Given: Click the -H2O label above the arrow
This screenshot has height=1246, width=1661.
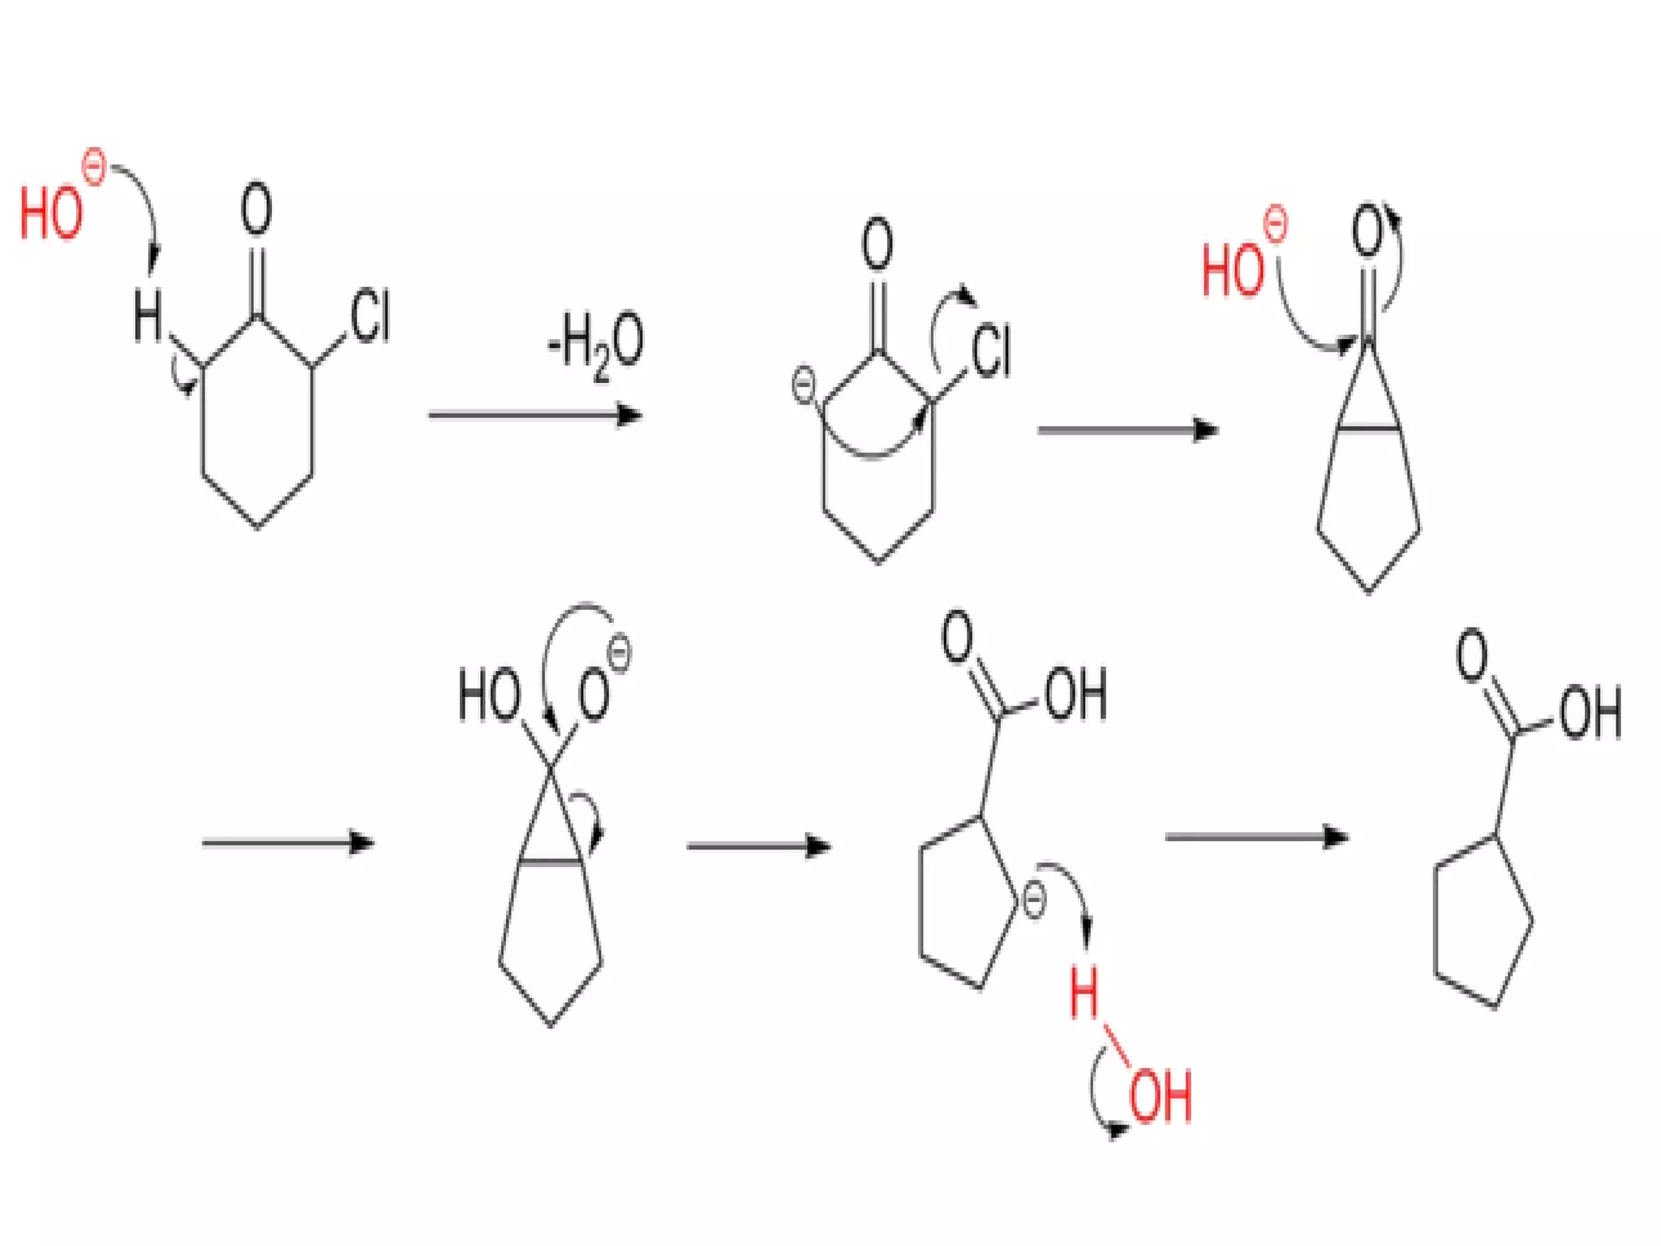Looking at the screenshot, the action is point(596,344).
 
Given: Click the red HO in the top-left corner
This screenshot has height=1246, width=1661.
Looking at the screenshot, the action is point(50,213).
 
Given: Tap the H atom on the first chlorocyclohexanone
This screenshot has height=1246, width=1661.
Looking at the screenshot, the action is point(148,316).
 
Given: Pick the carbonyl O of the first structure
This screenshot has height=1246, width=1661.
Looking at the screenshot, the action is point(256,208).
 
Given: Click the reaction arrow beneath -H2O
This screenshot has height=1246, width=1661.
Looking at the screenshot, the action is point(534,415).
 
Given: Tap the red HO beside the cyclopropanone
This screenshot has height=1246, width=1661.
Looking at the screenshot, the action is point(1232,269).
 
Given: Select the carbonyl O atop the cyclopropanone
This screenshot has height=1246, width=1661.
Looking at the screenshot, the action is point(1367,231).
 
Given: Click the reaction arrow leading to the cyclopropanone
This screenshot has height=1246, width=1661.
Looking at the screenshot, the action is point(1127,430).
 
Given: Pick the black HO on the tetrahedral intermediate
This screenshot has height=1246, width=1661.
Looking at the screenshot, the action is point(489,695).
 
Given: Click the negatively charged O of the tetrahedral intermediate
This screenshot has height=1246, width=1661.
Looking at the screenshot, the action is point(594,696).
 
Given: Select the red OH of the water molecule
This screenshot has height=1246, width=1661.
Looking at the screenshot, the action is point(1161,1097).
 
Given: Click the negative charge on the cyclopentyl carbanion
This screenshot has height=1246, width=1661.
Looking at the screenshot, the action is point(1034,901).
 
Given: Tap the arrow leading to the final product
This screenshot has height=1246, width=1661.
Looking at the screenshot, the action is point(1256,836).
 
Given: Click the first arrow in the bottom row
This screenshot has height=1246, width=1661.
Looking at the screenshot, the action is point(288,843).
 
